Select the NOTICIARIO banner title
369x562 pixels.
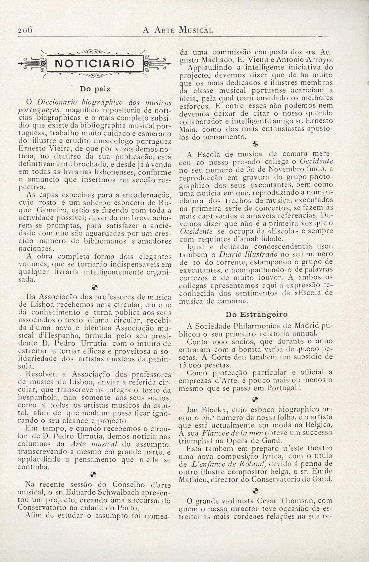95,63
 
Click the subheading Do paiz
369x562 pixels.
95,90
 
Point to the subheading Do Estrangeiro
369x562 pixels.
257,314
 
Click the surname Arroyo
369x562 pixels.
318,60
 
